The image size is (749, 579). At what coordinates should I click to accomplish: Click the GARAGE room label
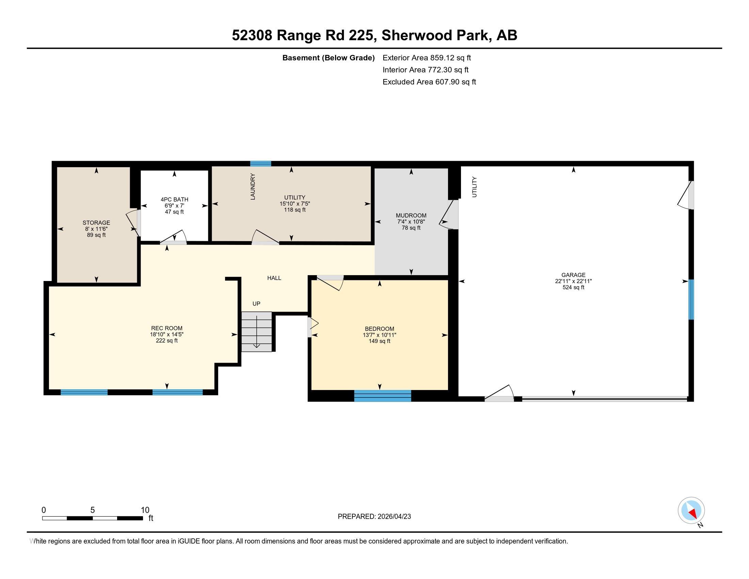pos(573,275)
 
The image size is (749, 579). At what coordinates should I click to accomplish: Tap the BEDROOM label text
pos(379,329)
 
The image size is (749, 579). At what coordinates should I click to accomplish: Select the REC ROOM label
pos(167,328)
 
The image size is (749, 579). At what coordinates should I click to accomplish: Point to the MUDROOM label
pos(411,215)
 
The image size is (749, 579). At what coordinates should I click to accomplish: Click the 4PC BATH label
pos(174,199)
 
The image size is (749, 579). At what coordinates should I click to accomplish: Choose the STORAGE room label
pos(96,223)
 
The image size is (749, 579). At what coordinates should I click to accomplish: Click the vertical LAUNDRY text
pos(253,187)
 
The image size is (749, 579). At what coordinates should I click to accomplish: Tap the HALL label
pos(274,278)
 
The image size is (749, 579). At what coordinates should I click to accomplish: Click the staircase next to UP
pos(256,331)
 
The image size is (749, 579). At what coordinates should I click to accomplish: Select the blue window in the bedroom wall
pos(382,395)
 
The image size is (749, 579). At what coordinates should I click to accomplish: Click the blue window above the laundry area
pos(260,163)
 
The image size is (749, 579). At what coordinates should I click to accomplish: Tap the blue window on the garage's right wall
pos(691,299)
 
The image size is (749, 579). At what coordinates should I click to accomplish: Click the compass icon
pos(691,511)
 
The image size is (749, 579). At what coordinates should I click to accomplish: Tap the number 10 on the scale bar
pos(145,510)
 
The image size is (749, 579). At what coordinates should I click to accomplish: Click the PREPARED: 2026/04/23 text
pos(374,516)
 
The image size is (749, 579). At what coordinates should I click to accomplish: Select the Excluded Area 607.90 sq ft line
pos(429,82)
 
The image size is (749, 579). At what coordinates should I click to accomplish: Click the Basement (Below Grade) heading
pos(328,58)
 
